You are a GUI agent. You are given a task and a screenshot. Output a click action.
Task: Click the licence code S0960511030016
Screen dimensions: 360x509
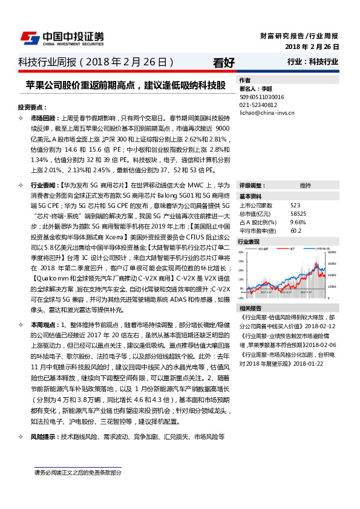pos(262,97)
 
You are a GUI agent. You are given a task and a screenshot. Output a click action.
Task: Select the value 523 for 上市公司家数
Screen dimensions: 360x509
pos(295,206)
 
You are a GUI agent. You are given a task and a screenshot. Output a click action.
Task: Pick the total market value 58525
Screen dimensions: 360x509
pos(298,214)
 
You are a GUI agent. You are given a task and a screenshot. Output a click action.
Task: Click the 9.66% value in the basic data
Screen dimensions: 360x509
pos(298,222)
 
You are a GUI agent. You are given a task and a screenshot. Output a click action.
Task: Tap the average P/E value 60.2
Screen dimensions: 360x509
pos(296,230)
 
